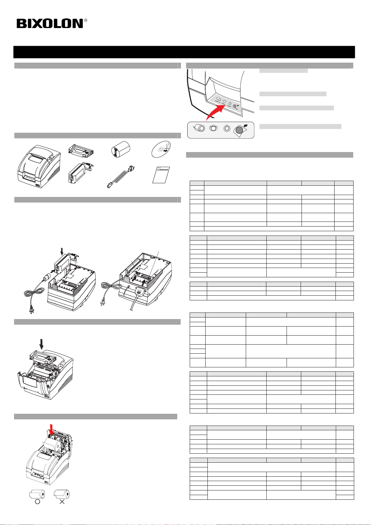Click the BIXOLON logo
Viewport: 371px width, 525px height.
(x=50, y=24)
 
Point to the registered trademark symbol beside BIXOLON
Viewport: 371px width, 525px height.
(x=86, y=21)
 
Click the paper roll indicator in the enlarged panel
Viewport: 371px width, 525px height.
(x=200, y=129)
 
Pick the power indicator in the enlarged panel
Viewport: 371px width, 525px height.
(x=227, y=129)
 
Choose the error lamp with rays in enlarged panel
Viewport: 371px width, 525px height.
(x=213, y=128)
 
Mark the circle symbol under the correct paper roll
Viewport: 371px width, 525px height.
(x=37, y=502)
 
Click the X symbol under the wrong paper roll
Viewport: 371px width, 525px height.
(x=62, y=502)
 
